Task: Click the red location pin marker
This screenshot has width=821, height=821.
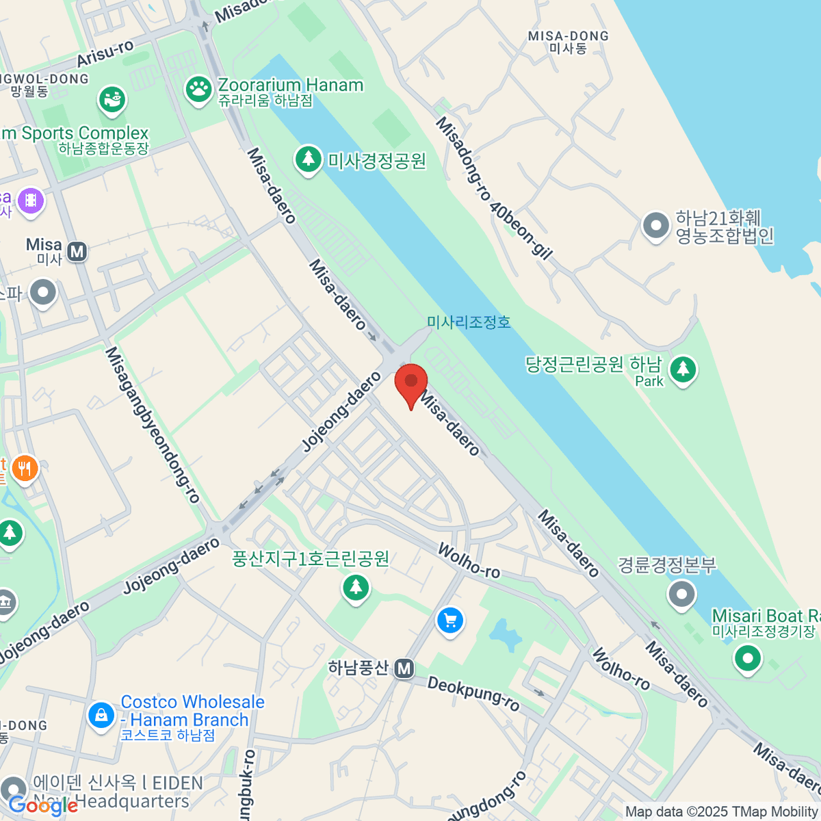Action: (410, 384)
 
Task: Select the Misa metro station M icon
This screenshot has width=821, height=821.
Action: (77, 252)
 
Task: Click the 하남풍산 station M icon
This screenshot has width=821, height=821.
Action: (404, 668)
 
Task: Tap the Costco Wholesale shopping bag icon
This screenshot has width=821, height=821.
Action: (101, 715)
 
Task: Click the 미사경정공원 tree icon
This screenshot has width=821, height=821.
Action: (309, 159)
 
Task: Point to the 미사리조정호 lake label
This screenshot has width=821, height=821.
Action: (469, 322)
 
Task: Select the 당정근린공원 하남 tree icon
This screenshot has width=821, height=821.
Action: (682, 369)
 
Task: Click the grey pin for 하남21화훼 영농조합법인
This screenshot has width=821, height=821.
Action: (656, 226)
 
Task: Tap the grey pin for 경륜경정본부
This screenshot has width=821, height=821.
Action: (681, 594)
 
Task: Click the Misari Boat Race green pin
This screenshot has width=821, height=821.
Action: (747, 659)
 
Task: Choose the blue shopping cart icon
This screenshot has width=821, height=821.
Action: (449, 621)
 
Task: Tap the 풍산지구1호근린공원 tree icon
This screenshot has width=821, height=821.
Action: (355, 587)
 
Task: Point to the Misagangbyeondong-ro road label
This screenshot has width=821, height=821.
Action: (152, 424)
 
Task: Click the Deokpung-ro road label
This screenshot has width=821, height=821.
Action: (473, 694)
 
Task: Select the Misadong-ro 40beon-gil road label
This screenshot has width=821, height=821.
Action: (493, 188)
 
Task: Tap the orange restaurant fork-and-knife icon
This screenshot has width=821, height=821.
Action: (25, 469)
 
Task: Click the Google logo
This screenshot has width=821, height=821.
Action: (43, 806)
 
